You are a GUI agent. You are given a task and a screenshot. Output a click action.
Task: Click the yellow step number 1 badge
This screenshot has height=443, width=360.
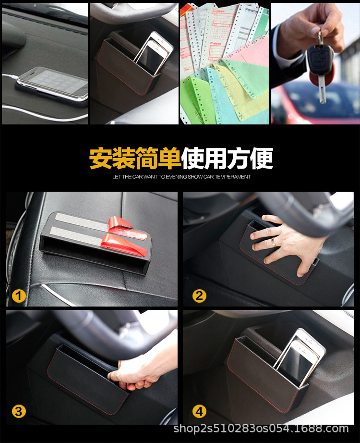tap(19, 295)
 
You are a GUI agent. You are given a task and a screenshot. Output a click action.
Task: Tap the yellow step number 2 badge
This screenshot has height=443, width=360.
tap(199, 295)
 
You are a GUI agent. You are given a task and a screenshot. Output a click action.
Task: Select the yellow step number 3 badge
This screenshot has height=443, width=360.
tap(19, 411)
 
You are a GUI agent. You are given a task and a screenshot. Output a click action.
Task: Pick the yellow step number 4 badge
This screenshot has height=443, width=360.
tap(199, 411)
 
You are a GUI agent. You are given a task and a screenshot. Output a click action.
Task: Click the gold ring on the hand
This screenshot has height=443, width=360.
tap(274, 243)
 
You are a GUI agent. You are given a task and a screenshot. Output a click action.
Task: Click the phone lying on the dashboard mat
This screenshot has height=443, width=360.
tap(52, 84)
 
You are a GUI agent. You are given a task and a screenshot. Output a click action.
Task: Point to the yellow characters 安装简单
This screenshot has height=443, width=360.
tap(135, 158)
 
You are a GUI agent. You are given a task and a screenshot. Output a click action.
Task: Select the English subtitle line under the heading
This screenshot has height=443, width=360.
tap(181, 177)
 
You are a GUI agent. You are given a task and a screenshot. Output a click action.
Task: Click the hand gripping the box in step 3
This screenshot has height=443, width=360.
tap(137, 370)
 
